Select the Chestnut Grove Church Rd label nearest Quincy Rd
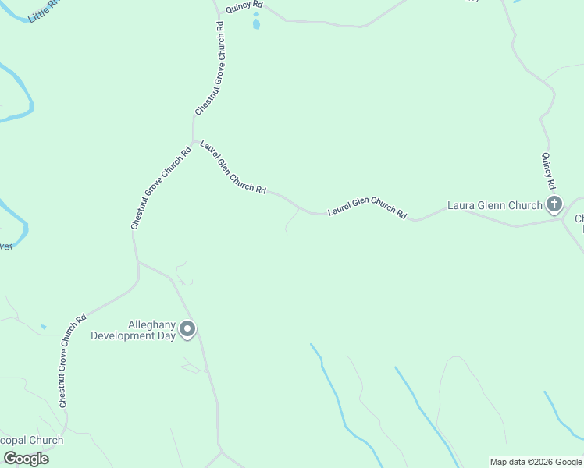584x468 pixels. [x=210, y=69]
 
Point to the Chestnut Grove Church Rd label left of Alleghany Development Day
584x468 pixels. [x=71, y=361]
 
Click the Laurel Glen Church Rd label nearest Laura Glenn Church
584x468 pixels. [x=367, y=207]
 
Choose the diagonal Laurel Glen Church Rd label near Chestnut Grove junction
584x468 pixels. [x=233, y=167]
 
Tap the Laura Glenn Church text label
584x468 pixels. [x=494, y=206]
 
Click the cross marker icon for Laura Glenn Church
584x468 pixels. [x=554, y=205]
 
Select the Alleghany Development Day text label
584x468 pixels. [x=133, y=330]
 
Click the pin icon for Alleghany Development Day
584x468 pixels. [x=187, y=329]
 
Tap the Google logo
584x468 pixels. [x=26, y=459]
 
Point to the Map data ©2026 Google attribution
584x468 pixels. [x=536, y=462]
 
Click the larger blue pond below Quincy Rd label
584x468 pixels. [x=256, y=24]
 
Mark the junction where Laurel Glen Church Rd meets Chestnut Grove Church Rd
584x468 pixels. [x=194, y=141]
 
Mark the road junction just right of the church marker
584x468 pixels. [x=564, y=219]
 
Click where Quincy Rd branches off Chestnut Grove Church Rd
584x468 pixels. [x=218, y=11]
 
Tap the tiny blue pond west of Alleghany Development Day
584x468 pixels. [x=43, y=327]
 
